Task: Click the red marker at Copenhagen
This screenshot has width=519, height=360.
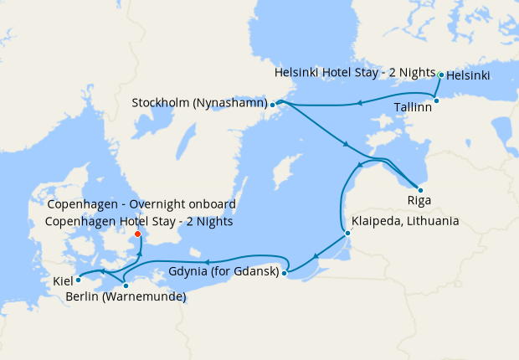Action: pos(138,234)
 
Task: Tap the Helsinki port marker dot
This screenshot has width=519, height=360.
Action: pos(441,75)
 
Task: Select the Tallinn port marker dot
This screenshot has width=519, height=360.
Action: pos(436,100)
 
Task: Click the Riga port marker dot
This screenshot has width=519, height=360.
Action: pos(420,190)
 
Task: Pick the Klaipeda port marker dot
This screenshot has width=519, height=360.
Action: pos(347,234)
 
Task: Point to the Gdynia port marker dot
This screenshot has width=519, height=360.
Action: pos(285,272)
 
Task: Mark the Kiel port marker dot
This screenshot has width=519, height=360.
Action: pos(78,280)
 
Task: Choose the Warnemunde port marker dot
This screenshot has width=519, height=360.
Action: pos(126,285)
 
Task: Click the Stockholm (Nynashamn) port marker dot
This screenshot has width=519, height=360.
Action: pos(273,105)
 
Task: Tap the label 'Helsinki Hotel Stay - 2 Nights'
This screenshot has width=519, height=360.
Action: pos(355,74)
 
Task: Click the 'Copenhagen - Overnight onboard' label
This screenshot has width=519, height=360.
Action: pos(141,204)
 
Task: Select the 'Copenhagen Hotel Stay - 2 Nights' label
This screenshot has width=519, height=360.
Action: pos(140,222)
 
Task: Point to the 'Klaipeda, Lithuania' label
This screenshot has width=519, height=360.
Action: pos(406,222)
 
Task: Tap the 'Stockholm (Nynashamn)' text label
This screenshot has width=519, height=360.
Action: pos(199,103)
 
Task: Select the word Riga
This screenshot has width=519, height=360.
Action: pos(419,201)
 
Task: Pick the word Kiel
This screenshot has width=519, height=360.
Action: pos(63,280)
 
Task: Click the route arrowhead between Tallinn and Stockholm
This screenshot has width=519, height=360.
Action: pos(358,104)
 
